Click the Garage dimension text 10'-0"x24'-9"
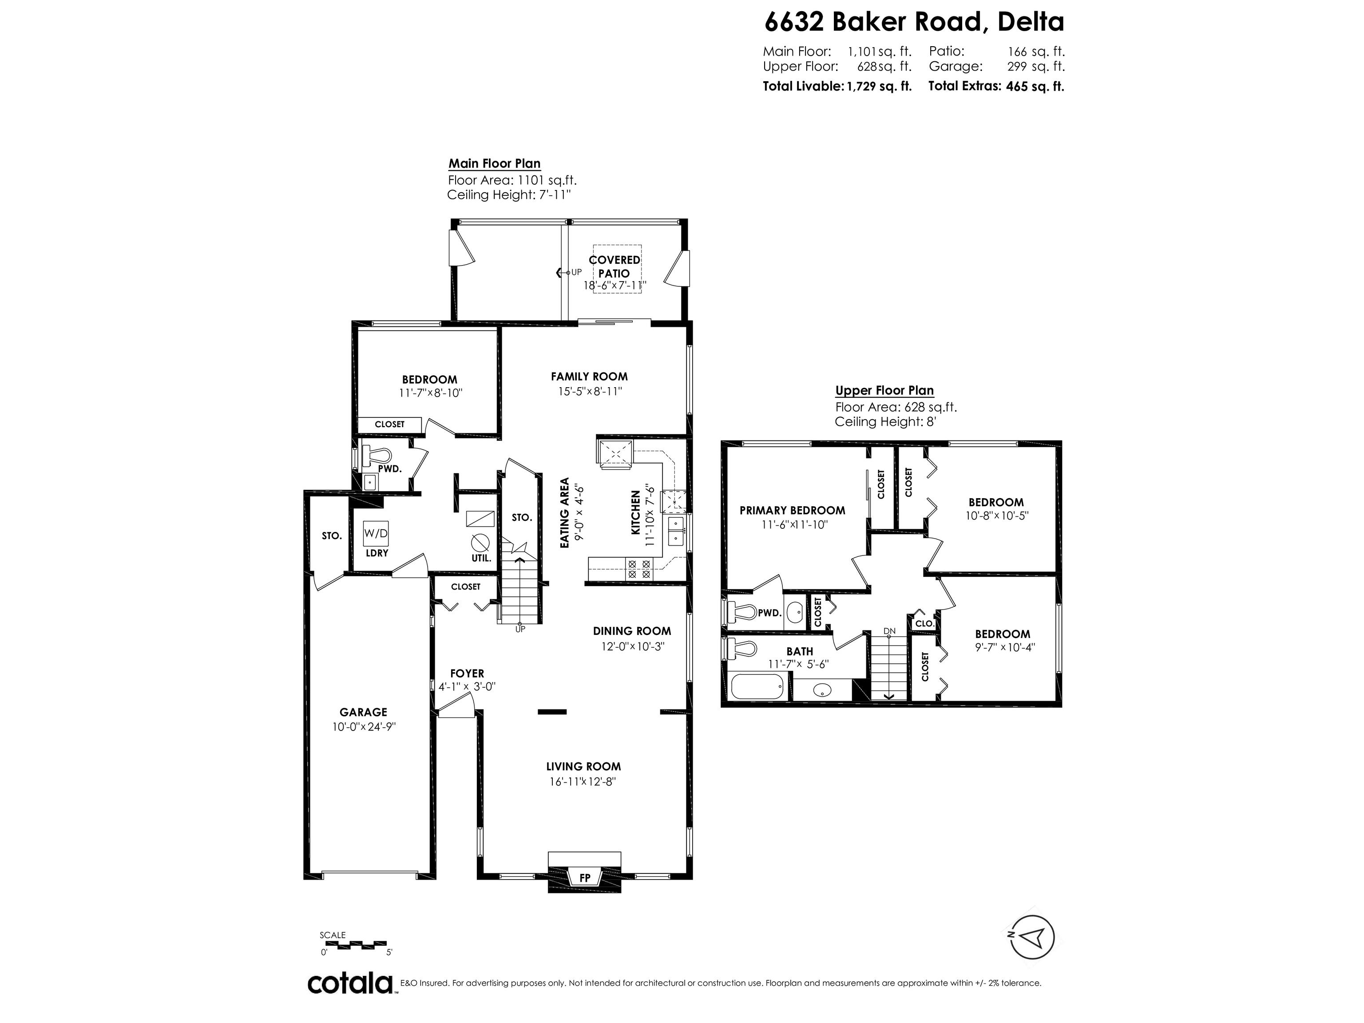(x=364, y=727)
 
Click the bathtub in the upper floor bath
(x=756, y=686)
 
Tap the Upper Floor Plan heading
(x=884, y=390)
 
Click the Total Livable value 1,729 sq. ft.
(x=879, y=86)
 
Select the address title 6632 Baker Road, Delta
(x=914, y=22)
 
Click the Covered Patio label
(x=614, y=266)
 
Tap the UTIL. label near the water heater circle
(x=481, y=559)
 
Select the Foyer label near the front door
(x=467, y=674)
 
